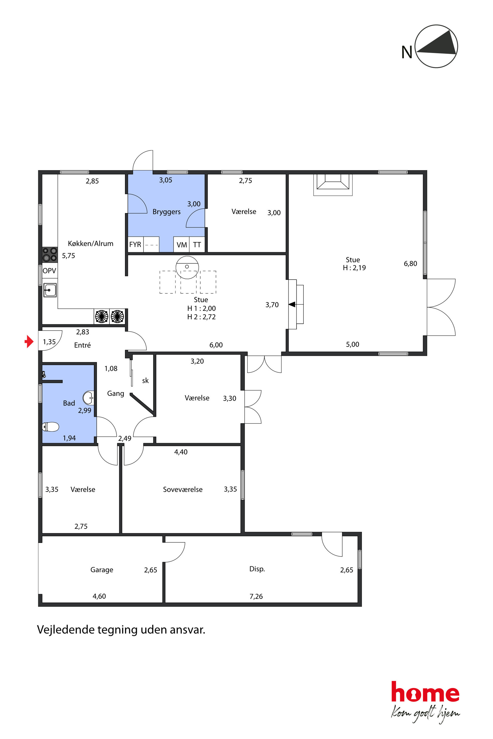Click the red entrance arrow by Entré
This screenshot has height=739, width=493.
29,341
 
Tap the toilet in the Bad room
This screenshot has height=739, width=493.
50,426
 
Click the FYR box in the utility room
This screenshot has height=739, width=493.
135,244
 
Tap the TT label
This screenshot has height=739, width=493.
197,244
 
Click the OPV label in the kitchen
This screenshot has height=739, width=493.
49,270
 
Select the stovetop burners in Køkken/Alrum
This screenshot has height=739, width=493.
50,255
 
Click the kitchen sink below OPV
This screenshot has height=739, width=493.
50,290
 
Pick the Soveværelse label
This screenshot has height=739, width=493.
183,489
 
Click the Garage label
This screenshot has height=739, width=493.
102,570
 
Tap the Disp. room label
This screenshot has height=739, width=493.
257,569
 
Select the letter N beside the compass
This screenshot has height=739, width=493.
407,52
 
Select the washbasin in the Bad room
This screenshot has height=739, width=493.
88,398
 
